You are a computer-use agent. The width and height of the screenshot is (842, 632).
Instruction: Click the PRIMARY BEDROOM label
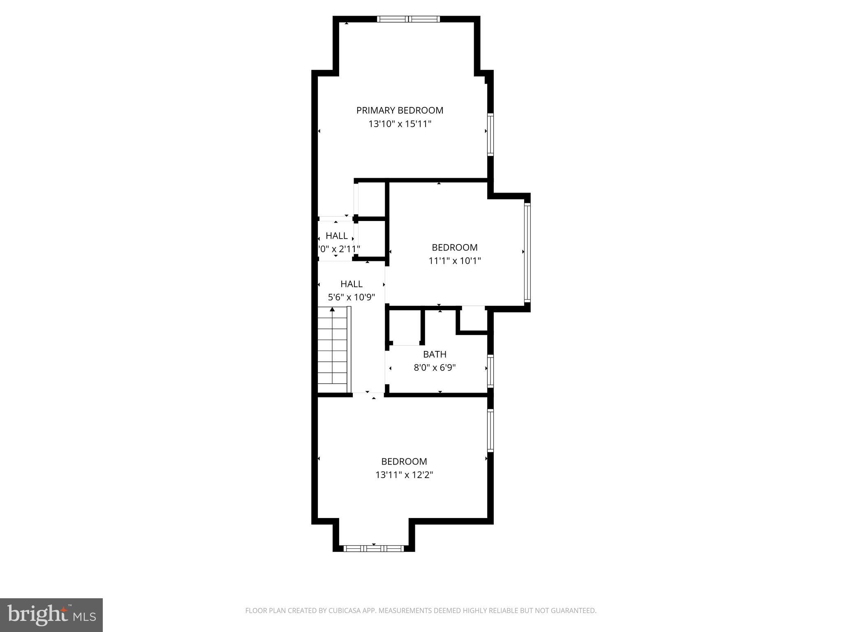pyautogui.click(x=400, y=110)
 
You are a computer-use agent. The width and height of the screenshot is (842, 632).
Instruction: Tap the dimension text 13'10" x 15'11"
pyautogui.click(x=400, y=124)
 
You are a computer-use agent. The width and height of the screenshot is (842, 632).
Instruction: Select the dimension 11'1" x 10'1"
pyautogui.click(x=455, y=261)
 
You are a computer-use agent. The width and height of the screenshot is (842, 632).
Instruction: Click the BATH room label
pyautogui.click(x=435, y=354)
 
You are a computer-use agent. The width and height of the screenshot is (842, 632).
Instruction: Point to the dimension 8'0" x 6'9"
pyautogui.click(x=435, y=367)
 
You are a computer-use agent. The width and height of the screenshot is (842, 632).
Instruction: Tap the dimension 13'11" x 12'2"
pyautogui.click(x=404, y=475)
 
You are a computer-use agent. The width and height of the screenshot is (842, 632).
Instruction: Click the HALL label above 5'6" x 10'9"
pyautogui.click(x=352, y=284)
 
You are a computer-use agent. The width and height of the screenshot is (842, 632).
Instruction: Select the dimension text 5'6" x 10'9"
pyautogui.click(x=352, y=297)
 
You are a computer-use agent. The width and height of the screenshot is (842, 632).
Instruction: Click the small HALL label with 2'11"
pyautogui.click(x=337, y=236)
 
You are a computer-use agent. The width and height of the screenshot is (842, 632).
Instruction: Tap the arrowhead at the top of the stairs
pyautogui.click(x=332, y=309)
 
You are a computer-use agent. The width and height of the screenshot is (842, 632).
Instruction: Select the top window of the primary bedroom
pyautogui.click(x=408, y=19)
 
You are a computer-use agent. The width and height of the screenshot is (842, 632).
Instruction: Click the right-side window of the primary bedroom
pyautogui.click(x=490, y=135)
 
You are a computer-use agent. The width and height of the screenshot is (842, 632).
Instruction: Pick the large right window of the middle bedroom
pyautogui.click(x=527, y=252)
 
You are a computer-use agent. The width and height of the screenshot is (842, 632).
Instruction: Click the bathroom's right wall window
pyautogui.click(x=490, y=371)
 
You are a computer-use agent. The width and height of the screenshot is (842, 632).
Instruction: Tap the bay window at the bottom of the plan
pyautogui.click(x=374, y=548)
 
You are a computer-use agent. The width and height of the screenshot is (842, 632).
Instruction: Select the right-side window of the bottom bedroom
pyautogui.click(x=490, y=430)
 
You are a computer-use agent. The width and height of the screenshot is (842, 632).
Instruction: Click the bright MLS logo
pyautogui.click(x=51, y=615)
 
